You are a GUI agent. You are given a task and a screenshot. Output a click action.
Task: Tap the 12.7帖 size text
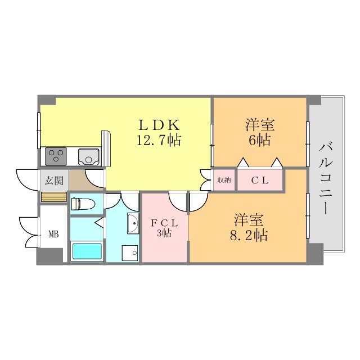pos(159,140)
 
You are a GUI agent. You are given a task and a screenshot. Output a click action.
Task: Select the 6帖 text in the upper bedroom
pos(259,140)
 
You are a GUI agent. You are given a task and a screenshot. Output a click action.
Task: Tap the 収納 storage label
pos(224,181)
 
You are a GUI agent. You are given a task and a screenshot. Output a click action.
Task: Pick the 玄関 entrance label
pos(54,181)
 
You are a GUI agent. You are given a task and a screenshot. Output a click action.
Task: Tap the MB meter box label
pos(53,235)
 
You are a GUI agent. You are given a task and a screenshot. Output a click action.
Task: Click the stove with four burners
pos(56,155)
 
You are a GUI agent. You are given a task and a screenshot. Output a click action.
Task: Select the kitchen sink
pos(88,155)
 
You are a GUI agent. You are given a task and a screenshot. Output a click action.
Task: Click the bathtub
pos(86,250)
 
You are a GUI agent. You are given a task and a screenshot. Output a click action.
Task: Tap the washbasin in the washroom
pos(133,223)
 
